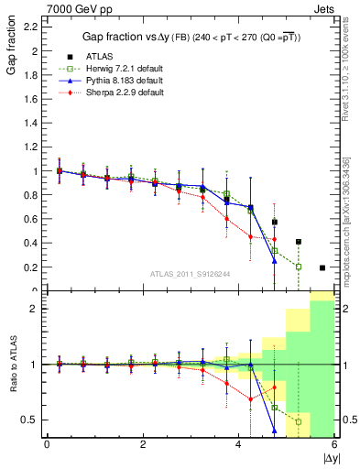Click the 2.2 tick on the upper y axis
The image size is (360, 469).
[31, 27]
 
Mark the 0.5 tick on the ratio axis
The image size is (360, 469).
[31, 420]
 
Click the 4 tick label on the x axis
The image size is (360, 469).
[238, 444]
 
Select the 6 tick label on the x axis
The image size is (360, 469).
[334, 444]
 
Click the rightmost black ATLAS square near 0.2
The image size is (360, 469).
[322, 267]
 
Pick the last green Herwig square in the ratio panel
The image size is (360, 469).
[299, 421]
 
